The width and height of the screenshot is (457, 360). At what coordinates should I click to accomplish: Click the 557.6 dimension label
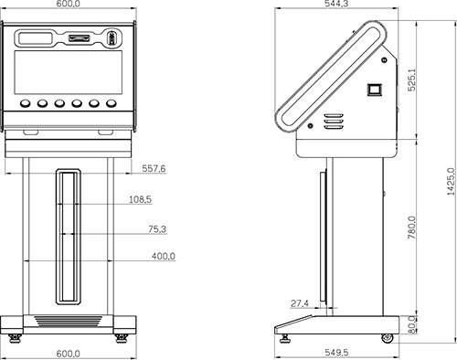(x=154, y=168)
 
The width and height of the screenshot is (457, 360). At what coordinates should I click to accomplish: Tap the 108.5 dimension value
(x=140, y=199)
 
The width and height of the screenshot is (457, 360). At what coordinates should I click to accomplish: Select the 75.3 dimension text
(x=157, y=229)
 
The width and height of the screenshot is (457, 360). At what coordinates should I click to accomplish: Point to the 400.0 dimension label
(x=164, y=257)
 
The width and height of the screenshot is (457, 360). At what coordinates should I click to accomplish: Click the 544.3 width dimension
(x=336, y=4)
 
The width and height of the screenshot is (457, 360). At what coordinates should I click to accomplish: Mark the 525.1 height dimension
(x=412, y=79)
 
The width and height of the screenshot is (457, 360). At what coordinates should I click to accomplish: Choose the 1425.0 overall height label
(x=451, y=182)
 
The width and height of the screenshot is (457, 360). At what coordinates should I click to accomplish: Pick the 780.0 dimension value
(x=412, y=228)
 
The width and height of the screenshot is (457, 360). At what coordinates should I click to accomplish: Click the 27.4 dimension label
(x=300, y=303)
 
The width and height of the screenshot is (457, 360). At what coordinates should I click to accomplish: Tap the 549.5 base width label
(x=336, y=353)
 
